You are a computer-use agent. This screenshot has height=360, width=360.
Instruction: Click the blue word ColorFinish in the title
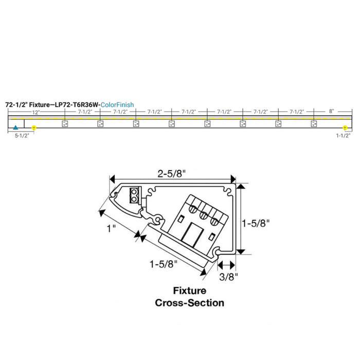click(x=117, y=104)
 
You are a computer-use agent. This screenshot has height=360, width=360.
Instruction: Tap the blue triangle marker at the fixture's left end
click(x=16, y=127)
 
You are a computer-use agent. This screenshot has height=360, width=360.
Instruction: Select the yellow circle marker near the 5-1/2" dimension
click(x=34, y=127)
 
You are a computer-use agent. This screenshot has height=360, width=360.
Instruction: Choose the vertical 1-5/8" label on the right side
click(x=256, y=223)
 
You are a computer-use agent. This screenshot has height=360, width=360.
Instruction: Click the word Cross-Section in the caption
click(x=189, y=302)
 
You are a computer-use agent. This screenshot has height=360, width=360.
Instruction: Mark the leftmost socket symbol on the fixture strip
click(x=65, y=123)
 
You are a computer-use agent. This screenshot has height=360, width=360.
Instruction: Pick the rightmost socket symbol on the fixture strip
click(x=313, y=123)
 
